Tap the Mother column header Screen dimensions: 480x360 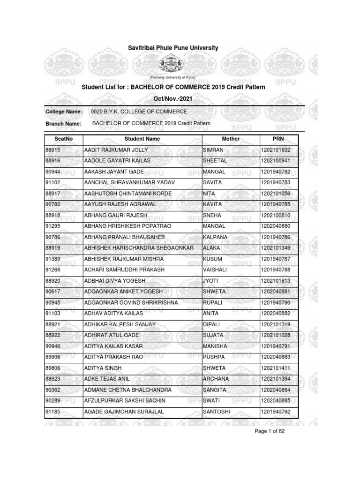click(x=230, y=139)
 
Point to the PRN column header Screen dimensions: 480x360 click(x=278, y=139)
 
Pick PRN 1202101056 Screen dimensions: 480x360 click(x=277, y=194)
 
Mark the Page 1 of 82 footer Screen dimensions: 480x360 click(x=270, y=445)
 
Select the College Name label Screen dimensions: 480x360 click(x=64, y=112)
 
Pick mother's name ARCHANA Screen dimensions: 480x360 click(x=216, y=379)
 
